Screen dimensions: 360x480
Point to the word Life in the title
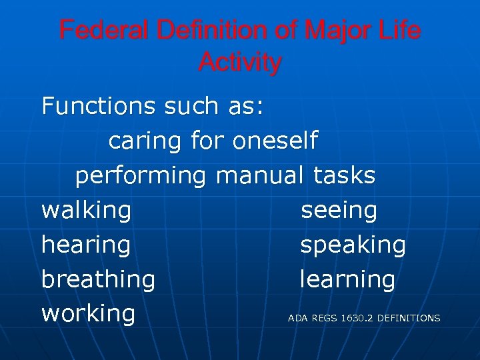click(398, 31)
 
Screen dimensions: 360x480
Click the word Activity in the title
click(240, 63)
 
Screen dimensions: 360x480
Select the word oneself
click(275, 141)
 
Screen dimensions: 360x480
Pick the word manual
click(260, 175)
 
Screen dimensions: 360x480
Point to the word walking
click(86, 211)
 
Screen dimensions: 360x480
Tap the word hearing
click(85, 245)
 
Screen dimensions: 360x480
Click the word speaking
click(353, 245)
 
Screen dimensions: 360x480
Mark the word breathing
click(98, 280)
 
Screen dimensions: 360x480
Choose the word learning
click(347, 280)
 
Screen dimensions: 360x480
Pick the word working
click(88, 314)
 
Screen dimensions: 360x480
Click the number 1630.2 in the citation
click(357, 319)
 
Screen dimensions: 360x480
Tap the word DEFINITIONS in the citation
click(409, 319)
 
